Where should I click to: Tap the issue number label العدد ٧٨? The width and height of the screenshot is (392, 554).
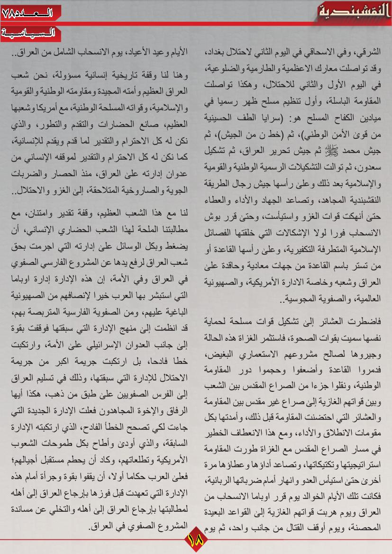[28, 12]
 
